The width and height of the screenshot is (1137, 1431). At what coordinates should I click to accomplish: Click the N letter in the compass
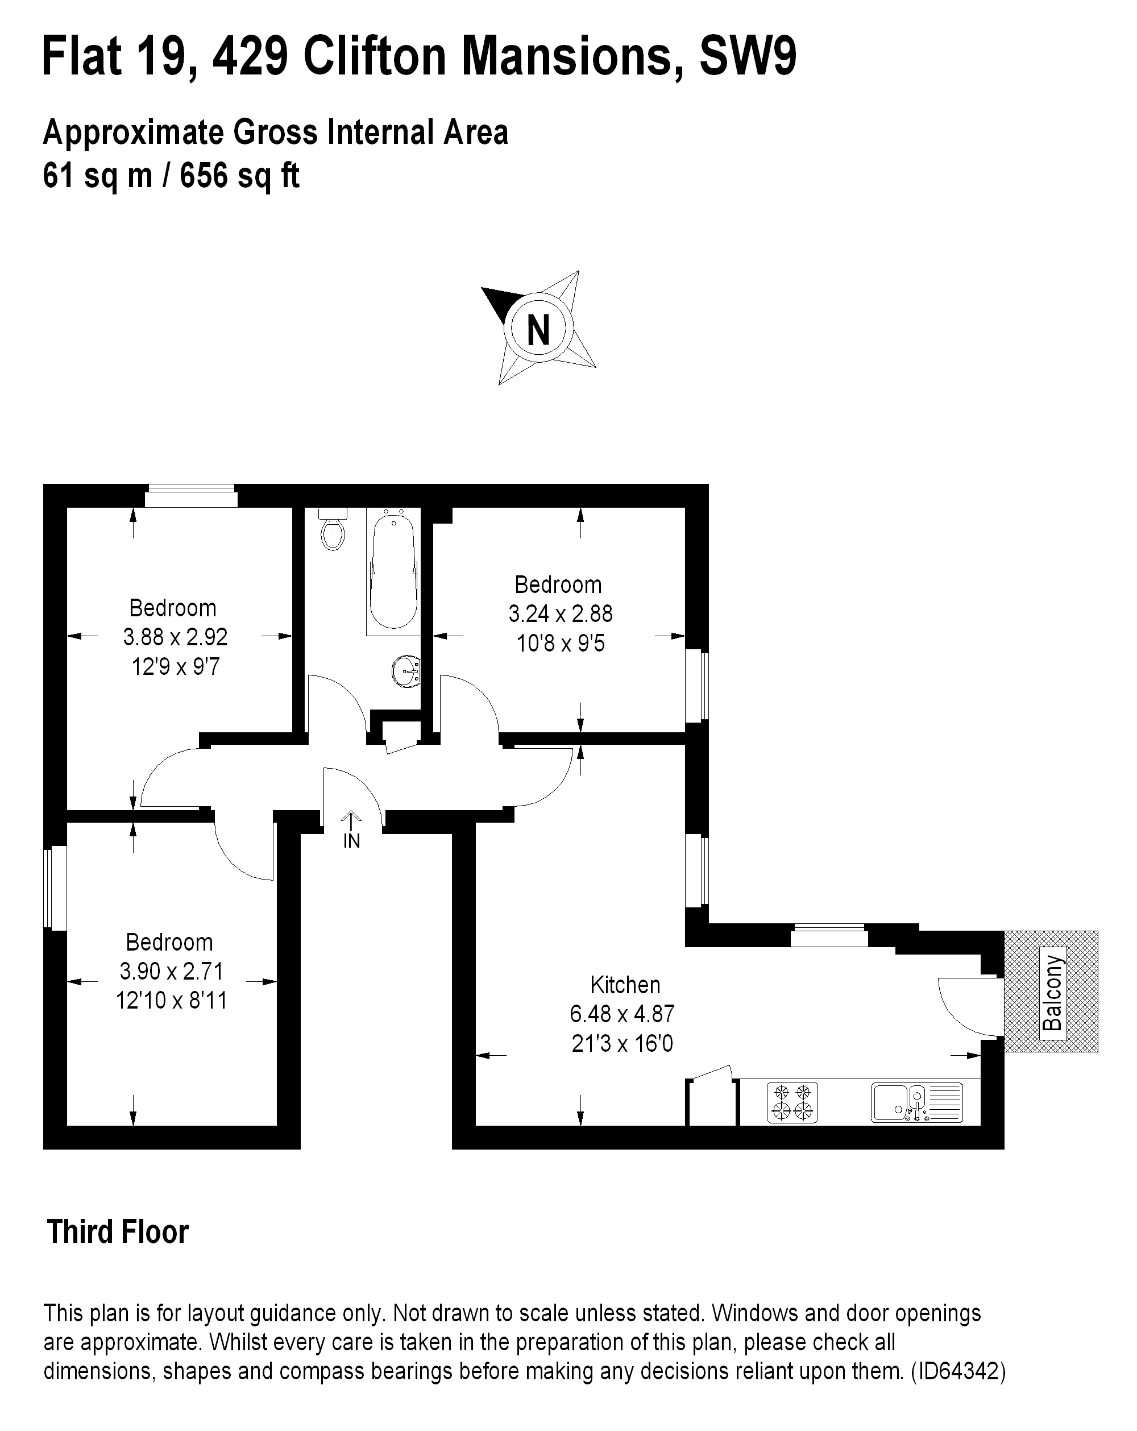(x=538, y=329)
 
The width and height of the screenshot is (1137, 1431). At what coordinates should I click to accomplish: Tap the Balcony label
(x=1053, y=992)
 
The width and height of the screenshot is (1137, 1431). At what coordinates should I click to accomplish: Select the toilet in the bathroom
(x=333, y=528)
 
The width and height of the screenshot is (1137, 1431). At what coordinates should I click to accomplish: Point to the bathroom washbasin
(x=406, y=671)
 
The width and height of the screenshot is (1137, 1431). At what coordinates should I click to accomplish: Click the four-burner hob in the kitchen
(x=792, y=1102)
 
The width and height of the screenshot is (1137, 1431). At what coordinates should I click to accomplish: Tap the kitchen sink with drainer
(x=916, y=1102)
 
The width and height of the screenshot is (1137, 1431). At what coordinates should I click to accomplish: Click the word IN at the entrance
(x=351, y=841)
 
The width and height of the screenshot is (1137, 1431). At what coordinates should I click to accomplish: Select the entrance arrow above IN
(x=351, y=820)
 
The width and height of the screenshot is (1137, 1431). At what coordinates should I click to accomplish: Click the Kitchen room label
(x=625, y=984)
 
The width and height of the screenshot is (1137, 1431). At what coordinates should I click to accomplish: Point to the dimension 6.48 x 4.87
(x=622, y=1014)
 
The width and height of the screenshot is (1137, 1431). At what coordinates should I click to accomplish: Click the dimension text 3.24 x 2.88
(x=560, y=614)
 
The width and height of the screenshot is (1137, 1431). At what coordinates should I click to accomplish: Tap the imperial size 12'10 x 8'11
(x=171, y=1000)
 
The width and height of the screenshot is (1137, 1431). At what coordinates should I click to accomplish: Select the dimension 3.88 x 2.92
(x=175, y=637)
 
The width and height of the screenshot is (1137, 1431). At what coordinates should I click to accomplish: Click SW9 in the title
(x=748, y=57)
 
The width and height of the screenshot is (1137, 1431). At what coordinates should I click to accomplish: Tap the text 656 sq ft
(x=239, y=176)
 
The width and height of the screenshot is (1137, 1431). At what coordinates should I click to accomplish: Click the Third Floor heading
(x=118, y=1232)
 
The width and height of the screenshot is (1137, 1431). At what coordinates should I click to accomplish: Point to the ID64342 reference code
(x=959, y=1371)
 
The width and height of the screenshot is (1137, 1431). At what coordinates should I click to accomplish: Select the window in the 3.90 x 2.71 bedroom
(x=55, y=887)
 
